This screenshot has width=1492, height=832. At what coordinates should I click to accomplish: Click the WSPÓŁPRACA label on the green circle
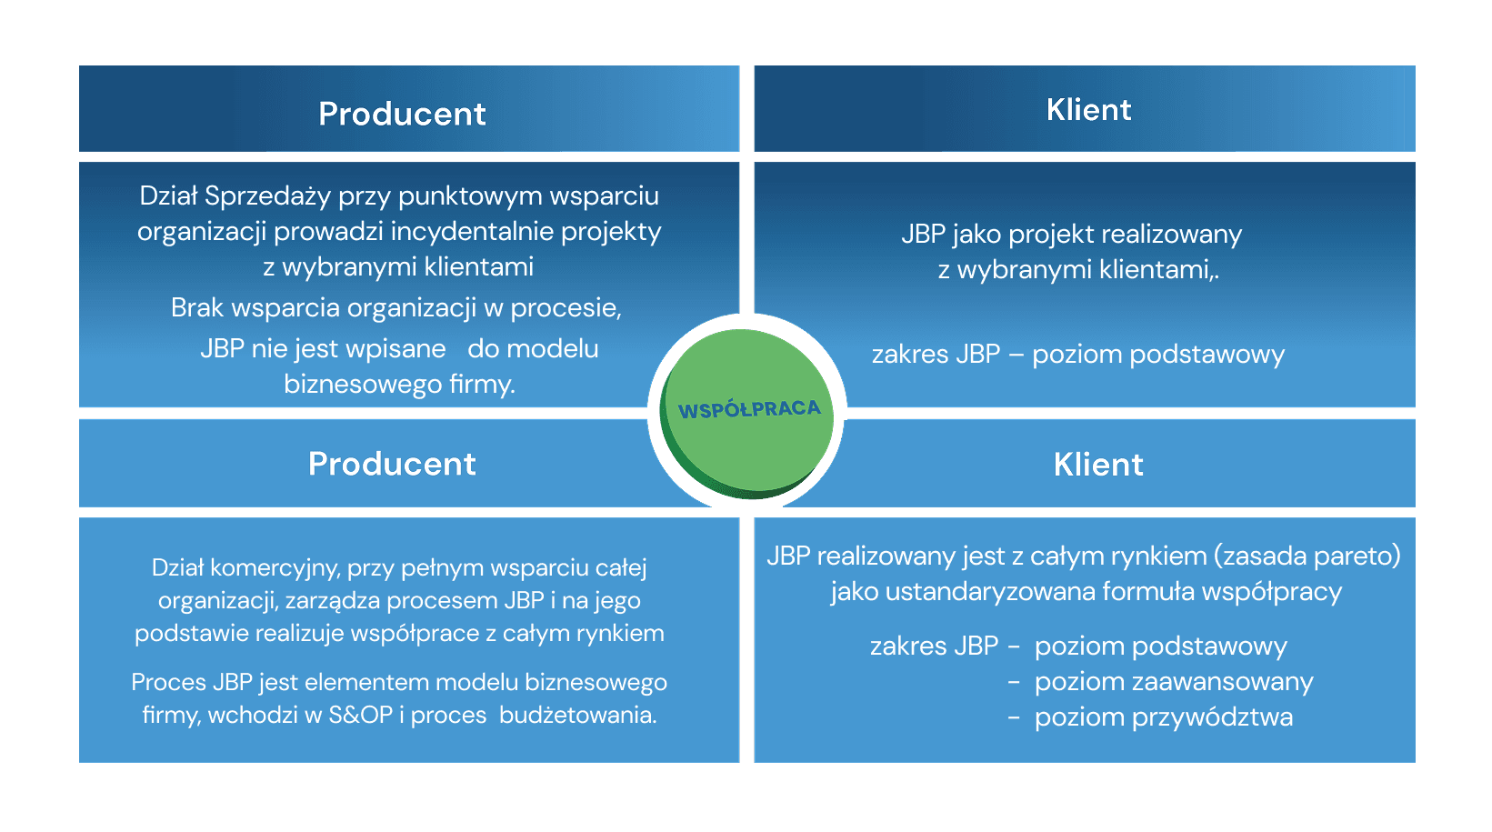[x=749, y=409]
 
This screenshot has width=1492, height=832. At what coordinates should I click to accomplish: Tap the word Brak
[x=197, y=308]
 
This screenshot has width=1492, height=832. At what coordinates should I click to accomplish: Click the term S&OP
[x=360, y=715]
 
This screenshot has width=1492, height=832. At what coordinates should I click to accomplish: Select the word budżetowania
[x=577, y=715]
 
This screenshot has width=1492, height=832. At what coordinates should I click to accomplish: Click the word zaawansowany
[x=1174, y=682]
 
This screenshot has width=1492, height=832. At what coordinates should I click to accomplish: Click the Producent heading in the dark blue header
[x=402, y=114]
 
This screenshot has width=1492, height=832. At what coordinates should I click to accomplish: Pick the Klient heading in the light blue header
[x=1098, y=465]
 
